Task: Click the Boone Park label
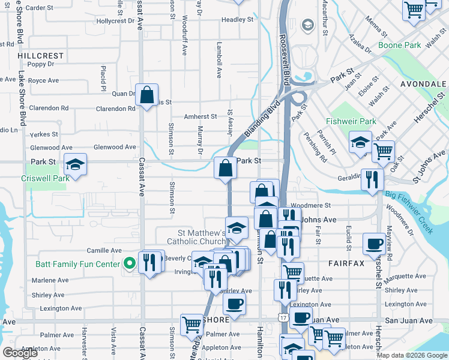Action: (400, 45)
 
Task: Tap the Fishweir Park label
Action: (351, 121)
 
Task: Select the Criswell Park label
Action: (46, 178)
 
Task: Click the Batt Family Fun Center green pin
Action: (128, 263)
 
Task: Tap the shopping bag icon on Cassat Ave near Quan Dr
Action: (146, 95)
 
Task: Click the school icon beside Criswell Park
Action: (76, 164)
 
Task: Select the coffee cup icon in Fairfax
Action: (375, 244)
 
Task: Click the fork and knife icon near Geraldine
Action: (372, 179)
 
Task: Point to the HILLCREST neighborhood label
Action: (41, 55)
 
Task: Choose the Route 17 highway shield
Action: (282, 316)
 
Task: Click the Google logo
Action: (20, 353)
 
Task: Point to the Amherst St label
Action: (200, 116)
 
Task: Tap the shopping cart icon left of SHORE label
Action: (191, 324)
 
